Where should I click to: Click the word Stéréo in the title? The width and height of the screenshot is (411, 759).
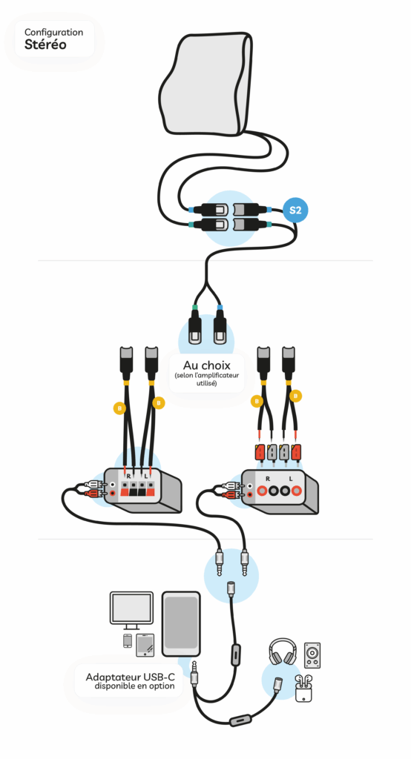coord(45,45)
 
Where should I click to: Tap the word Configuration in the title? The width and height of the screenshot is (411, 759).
coord(54,33)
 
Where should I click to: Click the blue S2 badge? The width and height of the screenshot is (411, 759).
coord(295,211)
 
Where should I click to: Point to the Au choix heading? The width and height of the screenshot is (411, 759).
coord(206,365)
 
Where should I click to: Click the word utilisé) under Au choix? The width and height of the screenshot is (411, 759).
coord(206,383)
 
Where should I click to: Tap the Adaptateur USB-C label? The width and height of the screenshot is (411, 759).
coord(130,677)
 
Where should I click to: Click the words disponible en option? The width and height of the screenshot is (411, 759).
coord(134,686)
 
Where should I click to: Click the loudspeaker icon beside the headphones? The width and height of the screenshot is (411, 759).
coord(312,655)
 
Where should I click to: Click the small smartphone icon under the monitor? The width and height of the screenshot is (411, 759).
coord(128,640)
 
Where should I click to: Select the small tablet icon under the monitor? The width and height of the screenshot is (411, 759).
coord(145,645)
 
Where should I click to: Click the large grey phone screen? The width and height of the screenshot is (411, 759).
coord(181,624)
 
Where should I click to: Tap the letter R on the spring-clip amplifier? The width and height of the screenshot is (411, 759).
coord(128,476)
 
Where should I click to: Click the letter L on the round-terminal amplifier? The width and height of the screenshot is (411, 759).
coord(291,478)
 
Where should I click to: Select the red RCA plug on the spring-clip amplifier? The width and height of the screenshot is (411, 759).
coord(94,493)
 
